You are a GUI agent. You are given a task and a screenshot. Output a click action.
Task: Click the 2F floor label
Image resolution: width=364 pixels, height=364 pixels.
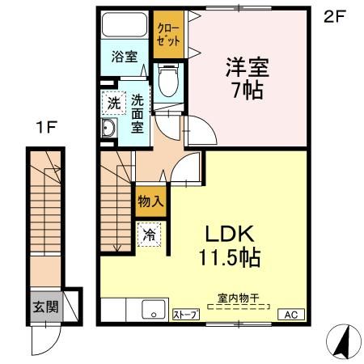point(336,15)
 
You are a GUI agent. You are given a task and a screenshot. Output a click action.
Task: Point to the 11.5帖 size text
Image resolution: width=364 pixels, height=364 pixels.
point(230,259)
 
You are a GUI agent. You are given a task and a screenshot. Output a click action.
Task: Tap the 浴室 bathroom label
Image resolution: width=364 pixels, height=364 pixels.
point(124,57)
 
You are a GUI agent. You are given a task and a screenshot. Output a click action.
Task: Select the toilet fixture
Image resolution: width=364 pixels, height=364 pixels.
point(169,81)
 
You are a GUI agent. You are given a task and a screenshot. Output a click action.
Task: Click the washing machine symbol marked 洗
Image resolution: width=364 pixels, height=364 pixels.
point(113,104)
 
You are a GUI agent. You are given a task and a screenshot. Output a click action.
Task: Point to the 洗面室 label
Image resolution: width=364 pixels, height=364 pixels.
point(138,113)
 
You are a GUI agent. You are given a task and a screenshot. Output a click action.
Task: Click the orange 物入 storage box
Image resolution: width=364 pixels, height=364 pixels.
point(150,202)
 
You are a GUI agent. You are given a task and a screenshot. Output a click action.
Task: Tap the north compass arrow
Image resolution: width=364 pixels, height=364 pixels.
point(343,341)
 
